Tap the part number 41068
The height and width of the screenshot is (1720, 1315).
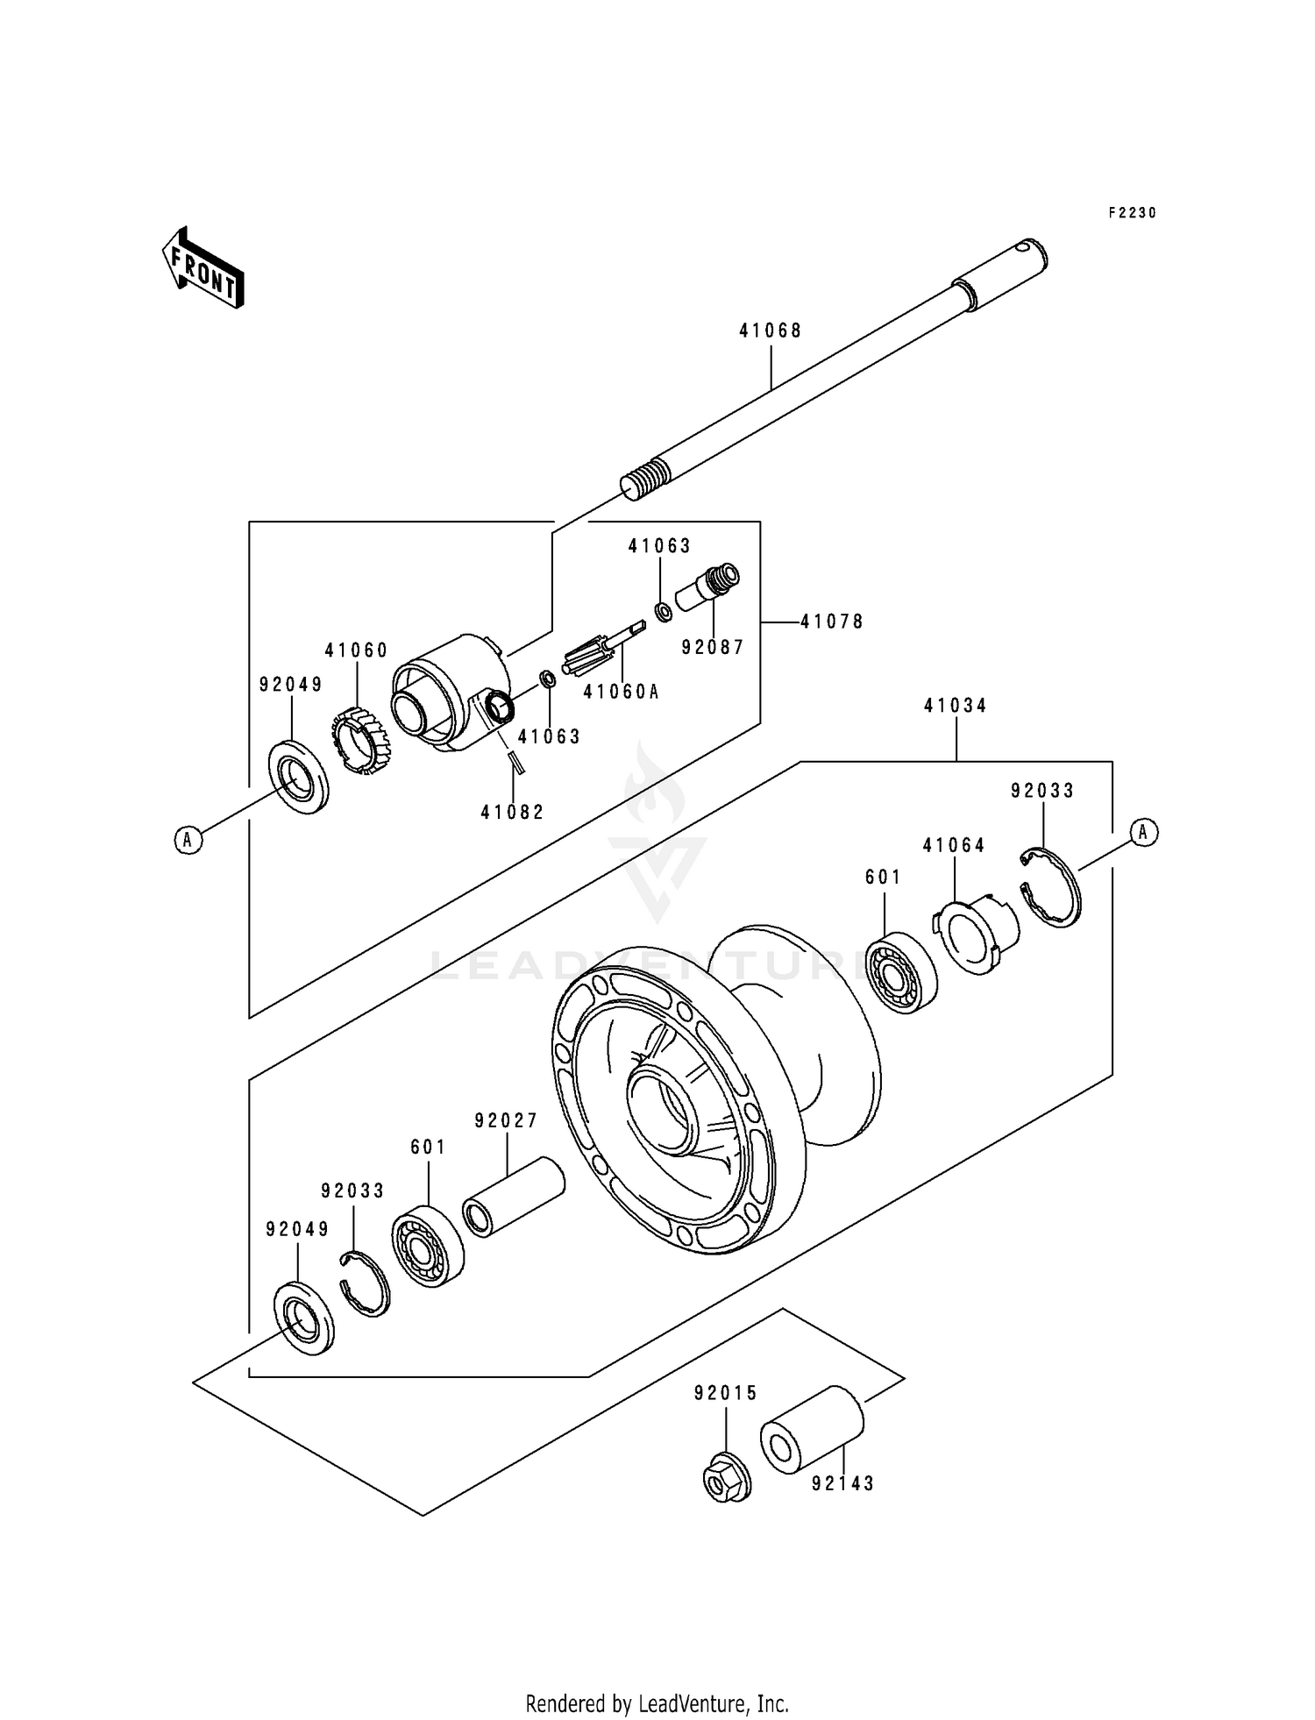point(771,330)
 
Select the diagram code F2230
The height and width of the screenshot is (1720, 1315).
point(1133,212)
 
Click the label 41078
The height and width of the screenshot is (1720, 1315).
point(832,622)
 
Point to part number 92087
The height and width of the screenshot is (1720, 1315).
point(713,647)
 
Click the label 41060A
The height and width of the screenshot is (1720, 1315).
point(621,692)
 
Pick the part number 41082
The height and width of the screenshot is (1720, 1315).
point(512,813)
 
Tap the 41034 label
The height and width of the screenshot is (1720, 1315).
point(956,706)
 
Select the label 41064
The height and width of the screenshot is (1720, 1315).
point(954,845)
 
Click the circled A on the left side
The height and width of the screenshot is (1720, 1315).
point(188,840)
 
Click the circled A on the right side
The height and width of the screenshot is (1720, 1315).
point(1143,832)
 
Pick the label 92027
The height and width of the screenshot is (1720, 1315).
point(506,1121)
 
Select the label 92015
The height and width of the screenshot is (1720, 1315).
point(726,1393)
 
